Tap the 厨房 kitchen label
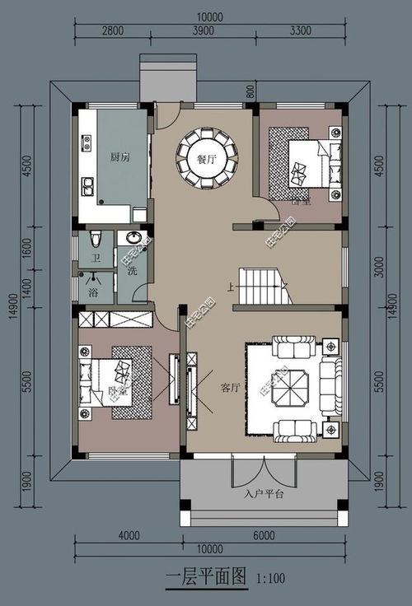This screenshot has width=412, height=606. coord(119,156)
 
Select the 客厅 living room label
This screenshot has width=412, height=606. coord(230,388)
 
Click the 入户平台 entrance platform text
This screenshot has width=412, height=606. coord(264,494)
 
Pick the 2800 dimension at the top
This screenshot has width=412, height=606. coord(113,30)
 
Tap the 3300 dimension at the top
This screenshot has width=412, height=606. coord(301,30)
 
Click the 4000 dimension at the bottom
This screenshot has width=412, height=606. coord(129,535)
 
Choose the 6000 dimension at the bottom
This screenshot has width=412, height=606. coord(264,535)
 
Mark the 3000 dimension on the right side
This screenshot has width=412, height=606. coord(378,268)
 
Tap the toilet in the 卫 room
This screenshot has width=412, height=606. coord(96,239)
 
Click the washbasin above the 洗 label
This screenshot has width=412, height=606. coord(133,239)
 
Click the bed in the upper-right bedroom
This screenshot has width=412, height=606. coord(309,164)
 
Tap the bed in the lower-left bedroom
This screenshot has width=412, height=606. coord(107,382)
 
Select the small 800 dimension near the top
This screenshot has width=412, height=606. coord(250,91)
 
